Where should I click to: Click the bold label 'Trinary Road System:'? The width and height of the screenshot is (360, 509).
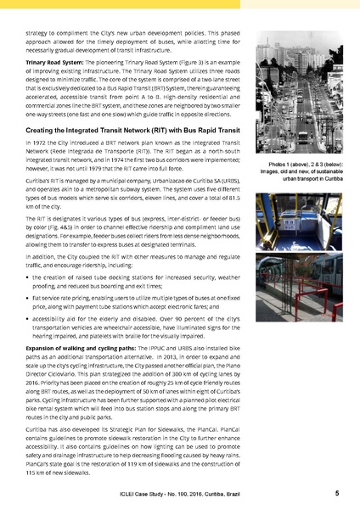[51, 63]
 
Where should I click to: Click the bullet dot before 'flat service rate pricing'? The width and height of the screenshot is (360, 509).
[29, 299]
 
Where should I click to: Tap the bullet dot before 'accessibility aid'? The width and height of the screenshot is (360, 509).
[29, 322]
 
